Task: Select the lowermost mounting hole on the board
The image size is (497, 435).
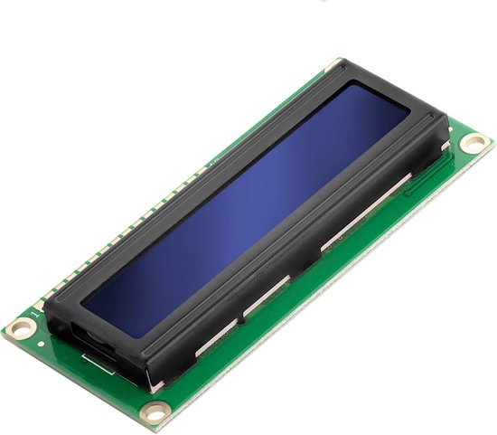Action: click(x=154, y=413)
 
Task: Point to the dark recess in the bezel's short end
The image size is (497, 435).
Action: click(x=90, y=340)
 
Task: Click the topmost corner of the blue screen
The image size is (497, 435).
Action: click(x=348, y=88)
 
